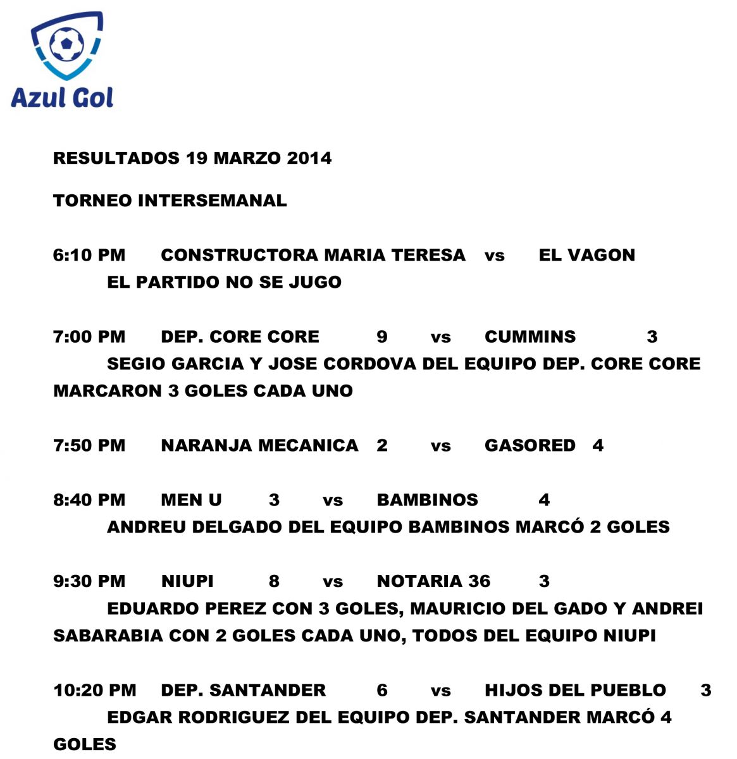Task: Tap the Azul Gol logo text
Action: (62, 97)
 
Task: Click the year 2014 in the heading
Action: (309, 158)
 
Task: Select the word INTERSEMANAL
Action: (212, 201)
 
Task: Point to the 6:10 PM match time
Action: (89, 256)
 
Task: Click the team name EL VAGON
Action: (586, 256)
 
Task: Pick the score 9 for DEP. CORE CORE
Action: (382, 336)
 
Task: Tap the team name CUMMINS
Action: (530, 336)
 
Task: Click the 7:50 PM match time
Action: (89, 446)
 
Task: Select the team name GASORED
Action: (530, 446)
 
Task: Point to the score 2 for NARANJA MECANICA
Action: (382, 446)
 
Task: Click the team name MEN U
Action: (191, 500)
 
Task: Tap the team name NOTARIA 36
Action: (433, 582)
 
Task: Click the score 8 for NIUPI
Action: (274, 582)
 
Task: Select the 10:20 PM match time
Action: (95, 691)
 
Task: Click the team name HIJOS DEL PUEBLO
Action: (575, 691)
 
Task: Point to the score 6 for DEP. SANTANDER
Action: (382, 691)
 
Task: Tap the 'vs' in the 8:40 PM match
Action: (333, 501)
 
